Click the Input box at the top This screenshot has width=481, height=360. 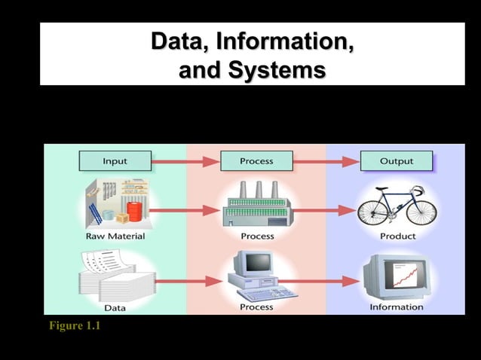pyautogui.click(x=115, y=160)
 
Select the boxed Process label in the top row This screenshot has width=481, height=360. pyautogui.click(x=256, y=160)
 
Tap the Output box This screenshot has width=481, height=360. pyautogui.click(x=397, y=160)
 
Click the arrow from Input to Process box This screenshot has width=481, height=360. pyautogui.click(x=185, y=160)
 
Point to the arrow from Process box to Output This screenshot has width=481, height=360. pyautogui.click(x=326, y=160)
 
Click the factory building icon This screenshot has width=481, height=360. pyautogui.click(x=256, y=206)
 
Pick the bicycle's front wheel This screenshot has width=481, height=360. pyautogui.click(x=422, y=209)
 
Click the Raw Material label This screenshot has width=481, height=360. pyautogui.click(x=115, y=236)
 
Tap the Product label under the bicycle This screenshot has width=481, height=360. pyautogui.click(x=397, y=236)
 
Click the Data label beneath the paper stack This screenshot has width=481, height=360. pyautogui.click(x=115, y=307)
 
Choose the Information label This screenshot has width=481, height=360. pyautogui.click(x=397, y=307)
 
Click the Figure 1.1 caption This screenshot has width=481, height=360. pyautogui.click(x=74, y=326)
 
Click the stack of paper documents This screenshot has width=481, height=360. pyautogui.click(x=113, y=279)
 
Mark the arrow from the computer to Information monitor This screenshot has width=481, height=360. pyautogui.click(x=326, y=281)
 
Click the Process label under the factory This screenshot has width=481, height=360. pyautogui.click(x=256, y=236)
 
